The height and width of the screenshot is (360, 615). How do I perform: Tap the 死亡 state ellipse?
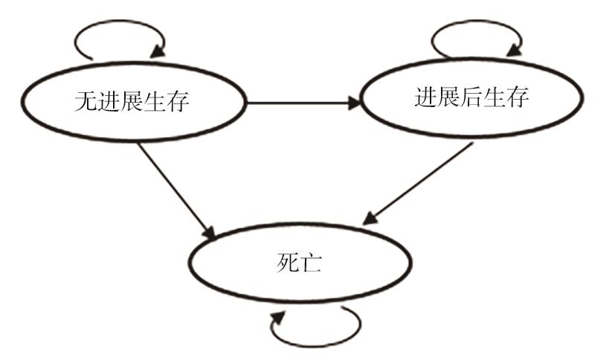pyautogui.click(x=301, y=264)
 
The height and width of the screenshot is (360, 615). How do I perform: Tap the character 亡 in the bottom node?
pyautogui.click(x=313, y=264)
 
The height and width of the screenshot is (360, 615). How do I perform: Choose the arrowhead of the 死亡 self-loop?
pyautogui.click(x=277, y=317)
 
